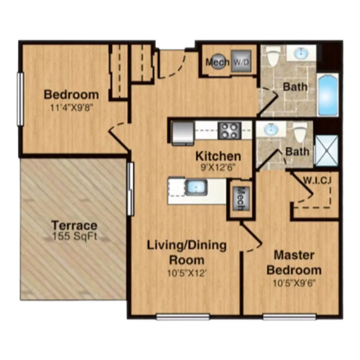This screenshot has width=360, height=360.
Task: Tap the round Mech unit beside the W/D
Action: (x=217, y=61)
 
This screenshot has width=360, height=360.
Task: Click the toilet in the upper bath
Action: (x=273, y=55)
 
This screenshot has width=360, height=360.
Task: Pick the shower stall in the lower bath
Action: (x=326, y=151)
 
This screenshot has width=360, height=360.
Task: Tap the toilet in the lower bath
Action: (x=300, y=132)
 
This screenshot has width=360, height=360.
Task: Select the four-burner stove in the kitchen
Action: (x=229, y=130)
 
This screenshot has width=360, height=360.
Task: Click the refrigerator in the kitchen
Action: (x=183, y=133)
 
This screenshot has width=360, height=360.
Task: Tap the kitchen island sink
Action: (x=196, y=188)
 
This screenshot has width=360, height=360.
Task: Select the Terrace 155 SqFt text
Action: (x=74, y=230)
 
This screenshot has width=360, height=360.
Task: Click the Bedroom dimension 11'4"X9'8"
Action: (x=72, y=108)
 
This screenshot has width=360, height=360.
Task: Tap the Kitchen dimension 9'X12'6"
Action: (x=218, y=168)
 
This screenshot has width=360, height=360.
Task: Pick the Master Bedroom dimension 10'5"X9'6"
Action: (x=294, y=283)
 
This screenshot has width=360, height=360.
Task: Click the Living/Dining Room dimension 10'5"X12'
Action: (x=186, y=274)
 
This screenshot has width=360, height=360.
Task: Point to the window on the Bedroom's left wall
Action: (x=20, y=99)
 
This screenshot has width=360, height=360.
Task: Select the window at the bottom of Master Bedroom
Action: (x=289, y=317)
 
